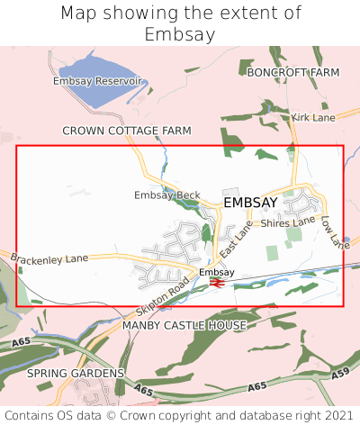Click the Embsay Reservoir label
(98, 81)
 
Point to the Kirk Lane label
(312, 118)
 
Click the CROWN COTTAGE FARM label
(127, 131)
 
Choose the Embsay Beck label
(166, 194)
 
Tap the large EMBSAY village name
(250, 203)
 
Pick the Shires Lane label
(288, 221)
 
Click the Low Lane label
(334, 231)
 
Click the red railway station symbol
(216, 283)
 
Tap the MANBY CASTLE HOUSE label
(184, 324)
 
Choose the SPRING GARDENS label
(76, 373)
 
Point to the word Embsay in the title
(180, 34)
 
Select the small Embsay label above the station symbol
(216, 272)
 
